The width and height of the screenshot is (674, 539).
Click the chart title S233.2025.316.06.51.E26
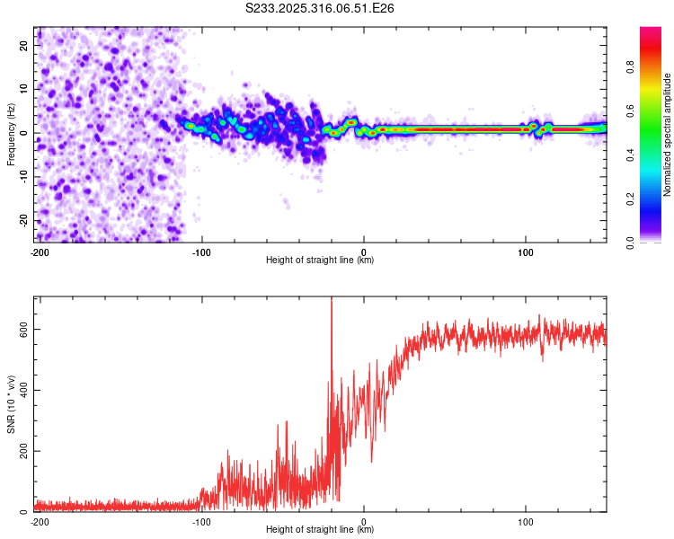pos(320,8)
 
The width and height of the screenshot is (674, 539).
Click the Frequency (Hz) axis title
pos(11,134)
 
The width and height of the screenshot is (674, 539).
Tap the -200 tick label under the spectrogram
pos(39,252)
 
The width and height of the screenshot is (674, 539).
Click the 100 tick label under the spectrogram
pos(526,252)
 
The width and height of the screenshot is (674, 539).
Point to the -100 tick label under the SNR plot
pos(201,521)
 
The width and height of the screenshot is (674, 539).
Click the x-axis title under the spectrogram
pos(320,261)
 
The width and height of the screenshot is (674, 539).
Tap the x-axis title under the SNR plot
pos(320,530)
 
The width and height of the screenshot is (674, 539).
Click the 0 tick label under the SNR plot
pos(364,521)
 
